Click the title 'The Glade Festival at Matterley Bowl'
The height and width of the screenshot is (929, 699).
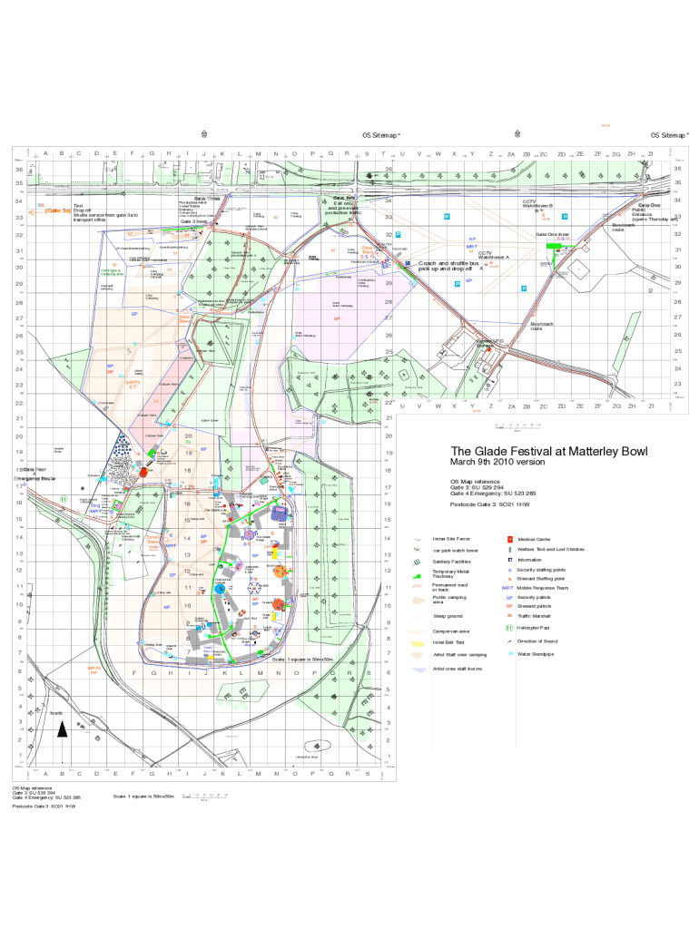click(x=549, y=452)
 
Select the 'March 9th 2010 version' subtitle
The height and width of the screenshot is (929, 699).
click(x=497, y=463)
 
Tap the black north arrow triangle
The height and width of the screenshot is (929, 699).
click(x=62, y=729)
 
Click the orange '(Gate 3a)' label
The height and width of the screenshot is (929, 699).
click(x=57, y=210)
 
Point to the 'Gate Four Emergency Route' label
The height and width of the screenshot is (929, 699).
click(x=34, y=473)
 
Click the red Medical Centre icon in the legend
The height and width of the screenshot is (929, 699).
click(x=509, y=539)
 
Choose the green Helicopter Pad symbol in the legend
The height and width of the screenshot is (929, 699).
click(x=509, y=627)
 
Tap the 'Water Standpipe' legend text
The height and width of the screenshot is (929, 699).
click(x=537, y=652)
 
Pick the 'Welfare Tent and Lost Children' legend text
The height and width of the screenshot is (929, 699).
click(x=550, y=549)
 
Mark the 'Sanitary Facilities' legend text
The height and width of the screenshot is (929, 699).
click(x=452, y=562)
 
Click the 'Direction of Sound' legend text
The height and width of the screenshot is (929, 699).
click(x=538, y=641)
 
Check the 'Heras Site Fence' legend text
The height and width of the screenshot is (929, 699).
click(x=450, y=539)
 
